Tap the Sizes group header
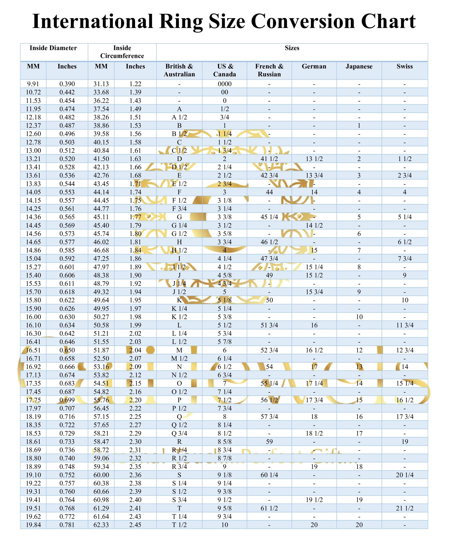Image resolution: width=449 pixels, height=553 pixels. pos(292,48)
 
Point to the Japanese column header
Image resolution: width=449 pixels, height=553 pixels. pos(359,67)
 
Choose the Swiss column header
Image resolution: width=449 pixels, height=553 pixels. pos(405,67)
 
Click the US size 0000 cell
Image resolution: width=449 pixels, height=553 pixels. pos(224,84)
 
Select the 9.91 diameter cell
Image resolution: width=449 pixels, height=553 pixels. pos(33,84)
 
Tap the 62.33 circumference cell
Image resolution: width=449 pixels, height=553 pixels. pos(101,525)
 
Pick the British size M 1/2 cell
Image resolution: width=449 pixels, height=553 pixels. pos(179,359)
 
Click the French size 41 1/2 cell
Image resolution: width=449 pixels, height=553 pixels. pos(269,159)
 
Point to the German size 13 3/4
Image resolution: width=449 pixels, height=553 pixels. pos(314,175)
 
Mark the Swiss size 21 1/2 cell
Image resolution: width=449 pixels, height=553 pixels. pos(405,508)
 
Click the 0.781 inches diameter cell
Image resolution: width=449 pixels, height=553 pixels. pos(67,525)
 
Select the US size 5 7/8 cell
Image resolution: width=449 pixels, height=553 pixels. pos(224,342)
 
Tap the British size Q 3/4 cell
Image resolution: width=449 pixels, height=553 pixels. pos(179,433)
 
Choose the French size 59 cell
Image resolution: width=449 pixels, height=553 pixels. pos(269,441)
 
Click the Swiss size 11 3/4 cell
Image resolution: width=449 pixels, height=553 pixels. pos(405,325)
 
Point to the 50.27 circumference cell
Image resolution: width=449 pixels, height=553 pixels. pos(101,317)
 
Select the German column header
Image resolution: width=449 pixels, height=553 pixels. pos(314,67)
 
